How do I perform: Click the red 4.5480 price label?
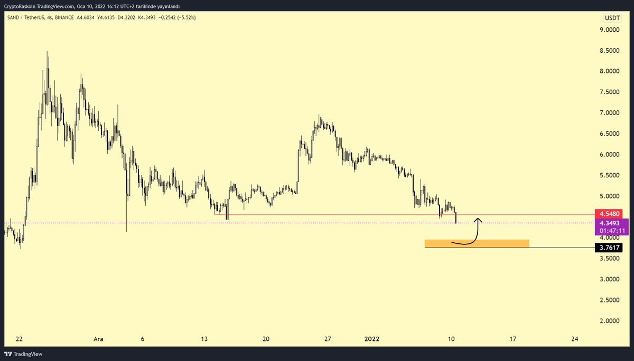click(x=611, y=214)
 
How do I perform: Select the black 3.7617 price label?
click(x=611, y=247)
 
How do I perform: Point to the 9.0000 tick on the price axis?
click(x=609, y=30)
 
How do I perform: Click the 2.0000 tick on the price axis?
click(x=609, y=320)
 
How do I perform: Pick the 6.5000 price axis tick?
click(x=609, y=134)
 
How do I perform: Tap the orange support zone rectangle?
click(x=477, y=243)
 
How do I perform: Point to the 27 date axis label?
click(x=327, y=339)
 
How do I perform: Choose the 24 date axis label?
click(x=574, y=339)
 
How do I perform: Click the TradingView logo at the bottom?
click(x=24, y=354)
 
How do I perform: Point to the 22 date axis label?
click(x=18, y=339)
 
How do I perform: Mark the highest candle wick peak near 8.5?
click(x=47, y=52)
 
